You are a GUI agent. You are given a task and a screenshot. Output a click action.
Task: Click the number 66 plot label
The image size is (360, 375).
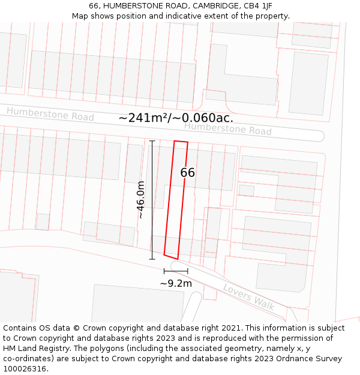187,173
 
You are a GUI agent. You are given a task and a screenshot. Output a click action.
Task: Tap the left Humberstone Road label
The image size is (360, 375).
50,114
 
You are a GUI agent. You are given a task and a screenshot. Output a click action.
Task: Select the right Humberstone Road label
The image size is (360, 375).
227,128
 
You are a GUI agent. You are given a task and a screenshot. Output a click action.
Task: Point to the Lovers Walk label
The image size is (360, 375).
248,297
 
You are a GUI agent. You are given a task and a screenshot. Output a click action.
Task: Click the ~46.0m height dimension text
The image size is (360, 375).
141,200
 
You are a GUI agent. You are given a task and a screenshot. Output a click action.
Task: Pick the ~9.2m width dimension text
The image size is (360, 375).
176,283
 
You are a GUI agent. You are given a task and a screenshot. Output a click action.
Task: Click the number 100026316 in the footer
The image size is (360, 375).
25,369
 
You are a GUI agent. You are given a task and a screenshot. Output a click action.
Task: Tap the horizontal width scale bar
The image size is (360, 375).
176,272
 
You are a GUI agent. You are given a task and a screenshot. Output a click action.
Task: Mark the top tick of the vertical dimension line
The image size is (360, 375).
152,141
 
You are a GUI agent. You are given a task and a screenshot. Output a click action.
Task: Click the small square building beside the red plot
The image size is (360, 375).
246,190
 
